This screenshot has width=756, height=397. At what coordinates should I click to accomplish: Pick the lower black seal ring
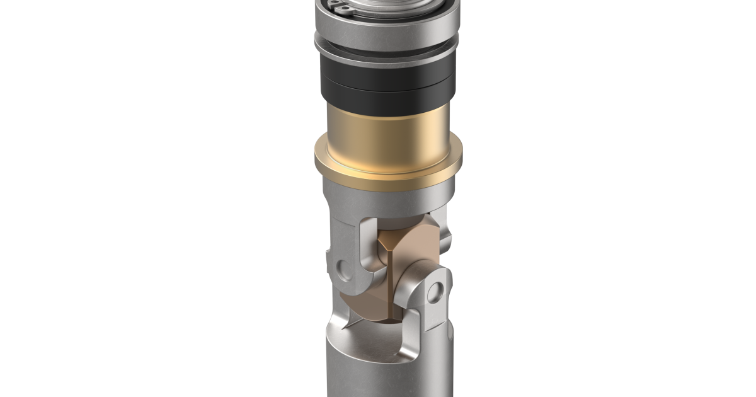click(x=388, y=95)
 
